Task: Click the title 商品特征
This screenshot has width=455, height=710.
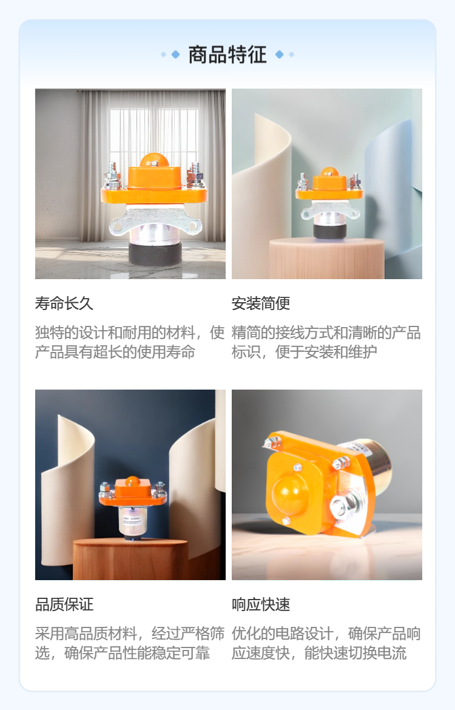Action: tap(227, 55)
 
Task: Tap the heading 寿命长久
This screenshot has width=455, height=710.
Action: tap(64, 303)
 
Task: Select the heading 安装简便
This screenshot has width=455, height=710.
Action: tap(261, 303)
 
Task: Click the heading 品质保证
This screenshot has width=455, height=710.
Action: tap(64, 604)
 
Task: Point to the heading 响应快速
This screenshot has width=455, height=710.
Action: tap(261, 604)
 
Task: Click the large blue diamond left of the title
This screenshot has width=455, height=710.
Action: tap(176, 55)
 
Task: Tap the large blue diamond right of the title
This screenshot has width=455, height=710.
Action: tap(279, 55)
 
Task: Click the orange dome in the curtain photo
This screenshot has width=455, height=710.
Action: tap(154, 160)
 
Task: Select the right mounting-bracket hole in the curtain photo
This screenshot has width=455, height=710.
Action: tap(194, 226)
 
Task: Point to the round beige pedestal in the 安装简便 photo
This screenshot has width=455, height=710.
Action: tap(326, 258)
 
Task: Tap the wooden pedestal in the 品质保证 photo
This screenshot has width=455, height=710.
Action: tap(130, 560)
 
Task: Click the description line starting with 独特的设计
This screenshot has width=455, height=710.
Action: tap(129, 333)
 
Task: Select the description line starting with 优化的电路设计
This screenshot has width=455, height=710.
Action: tap(326, 634)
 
